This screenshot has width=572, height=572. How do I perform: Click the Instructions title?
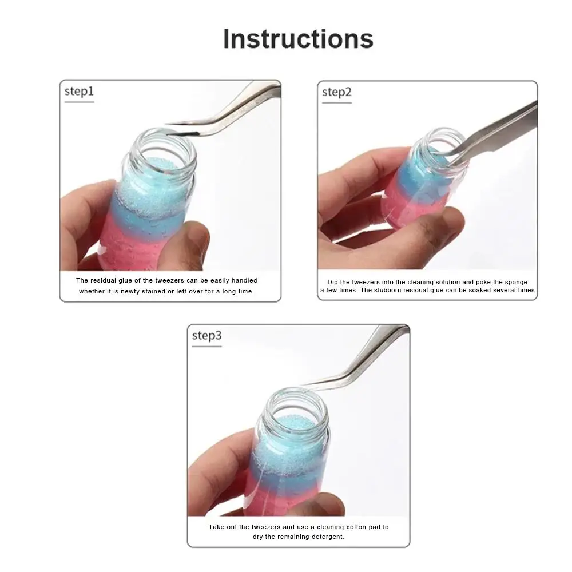click(x=298, y=39)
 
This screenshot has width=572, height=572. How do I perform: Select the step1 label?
click(x=79, y=92)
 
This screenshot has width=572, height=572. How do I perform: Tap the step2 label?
click(x=336, y=92)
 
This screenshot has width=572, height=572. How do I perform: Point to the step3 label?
click(x=206, y=336)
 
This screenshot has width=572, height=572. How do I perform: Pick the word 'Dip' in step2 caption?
click(x=333, y=282)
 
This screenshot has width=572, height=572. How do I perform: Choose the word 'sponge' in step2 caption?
click(x=514, y=282)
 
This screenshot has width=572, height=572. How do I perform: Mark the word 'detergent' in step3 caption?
click(x=325, y=537)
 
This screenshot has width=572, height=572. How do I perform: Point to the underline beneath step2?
click(x=336, y=103)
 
